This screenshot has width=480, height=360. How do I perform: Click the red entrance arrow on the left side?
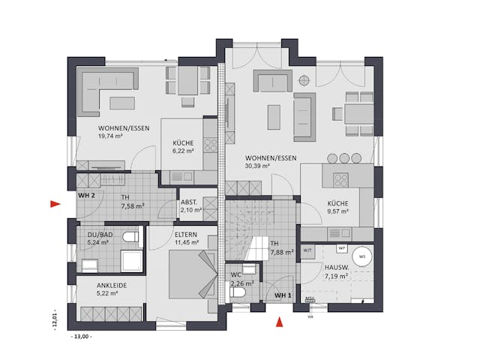53,203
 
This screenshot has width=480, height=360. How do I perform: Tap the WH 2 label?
87,196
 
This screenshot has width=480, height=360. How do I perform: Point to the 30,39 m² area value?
258,166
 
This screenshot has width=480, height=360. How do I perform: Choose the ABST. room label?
189,202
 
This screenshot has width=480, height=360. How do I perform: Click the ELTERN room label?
186,233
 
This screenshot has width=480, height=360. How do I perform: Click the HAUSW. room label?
334,268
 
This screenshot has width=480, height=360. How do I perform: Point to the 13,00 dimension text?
81,337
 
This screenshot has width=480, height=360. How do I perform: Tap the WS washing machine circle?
362,256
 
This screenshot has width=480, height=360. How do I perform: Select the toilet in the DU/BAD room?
130,238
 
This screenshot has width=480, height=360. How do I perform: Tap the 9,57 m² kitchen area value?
337,211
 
